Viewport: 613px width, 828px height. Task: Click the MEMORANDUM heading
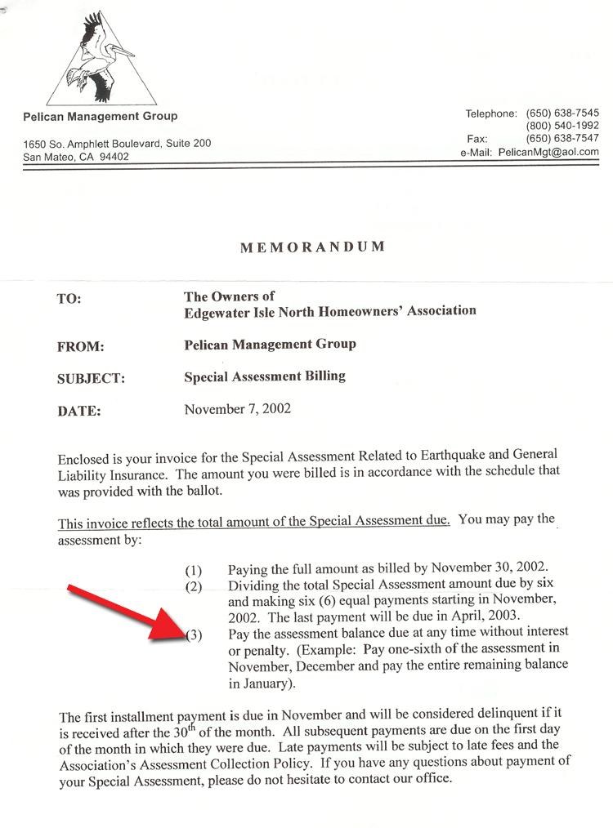pyautogui.click(x=312, y=247)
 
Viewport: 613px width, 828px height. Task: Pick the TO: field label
pyautogui.click(x=69, y=299)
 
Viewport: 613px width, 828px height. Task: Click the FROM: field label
pyautogui.click(x=80, y=347)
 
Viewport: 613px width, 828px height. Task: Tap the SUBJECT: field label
pyautogui.click(x=91, y=379)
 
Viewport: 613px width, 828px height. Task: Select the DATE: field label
pyautogui.click(x=78, y=412)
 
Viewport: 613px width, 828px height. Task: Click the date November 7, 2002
pyautogui.click(x=237, y=408)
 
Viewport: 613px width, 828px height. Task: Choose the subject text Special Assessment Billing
pyautogui.click(x=265, y=376)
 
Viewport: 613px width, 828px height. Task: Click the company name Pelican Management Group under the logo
pyautogui.click(x=101, y=116)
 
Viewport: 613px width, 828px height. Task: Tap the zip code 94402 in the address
pyautogui.click(x=114, y=157)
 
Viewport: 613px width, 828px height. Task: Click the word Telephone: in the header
pyautogui.click(x=490, y=114)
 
